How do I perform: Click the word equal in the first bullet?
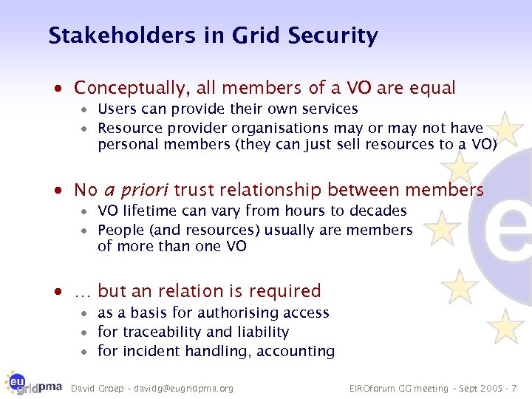[432, 89]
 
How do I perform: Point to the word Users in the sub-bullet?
[115, 109]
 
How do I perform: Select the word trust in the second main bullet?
[197, 191]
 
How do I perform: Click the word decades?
[378, 211]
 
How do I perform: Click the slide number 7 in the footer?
[514, 389]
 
